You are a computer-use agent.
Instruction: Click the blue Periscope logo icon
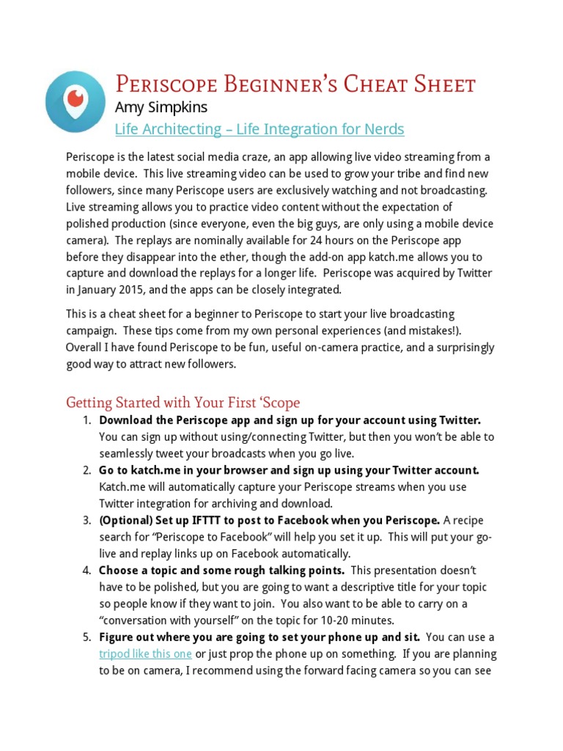74,101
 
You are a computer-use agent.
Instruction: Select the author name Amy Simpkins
161,107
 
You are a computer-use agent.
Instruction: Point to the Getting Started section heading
183,403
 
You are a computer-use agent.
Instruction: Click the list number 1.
87,420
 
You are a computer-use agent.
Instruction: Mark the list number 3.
87,520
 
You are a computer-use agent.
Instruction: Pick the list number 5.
87,637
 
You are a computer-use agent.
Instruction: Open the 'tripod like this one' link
146,653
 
